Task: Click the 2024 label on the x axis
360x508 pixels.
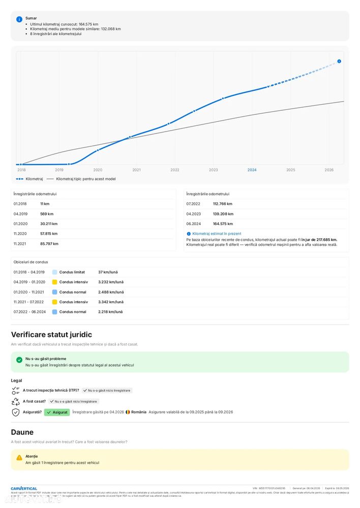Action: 252,170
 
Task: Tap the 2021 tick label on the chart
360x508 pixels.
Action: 136,170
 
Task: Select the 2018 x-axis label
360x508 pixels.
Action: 21,170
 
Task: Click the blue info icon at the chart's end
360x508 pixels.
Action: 339,61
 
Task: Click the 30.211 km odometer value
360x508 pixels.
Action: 49,224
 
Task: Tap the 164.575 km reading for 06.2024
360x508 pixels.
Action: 223,224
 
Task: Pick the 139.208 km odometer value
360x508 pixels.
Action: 223,214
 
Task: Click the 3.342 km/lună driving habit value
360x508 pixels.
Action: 111,302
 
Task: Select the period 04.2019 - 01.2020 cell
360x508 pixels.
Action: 29,282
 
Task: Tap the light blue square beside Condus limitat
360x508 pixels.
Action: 54,272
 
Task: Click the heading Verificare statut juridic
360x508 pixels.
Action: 51,335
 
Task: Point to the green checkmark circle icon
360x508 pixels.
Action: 19,360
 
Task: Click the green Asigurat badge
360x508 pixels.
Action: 57,412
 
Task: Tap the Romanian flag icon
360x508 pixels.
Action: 128,412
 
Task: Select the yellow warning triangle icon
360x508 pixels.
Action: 19,457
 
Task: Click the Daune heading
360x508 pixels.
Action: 22,432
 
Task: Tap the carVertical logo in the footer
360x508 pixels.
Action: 24,489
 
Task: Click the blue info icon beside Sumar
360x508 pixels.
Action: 19,19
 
